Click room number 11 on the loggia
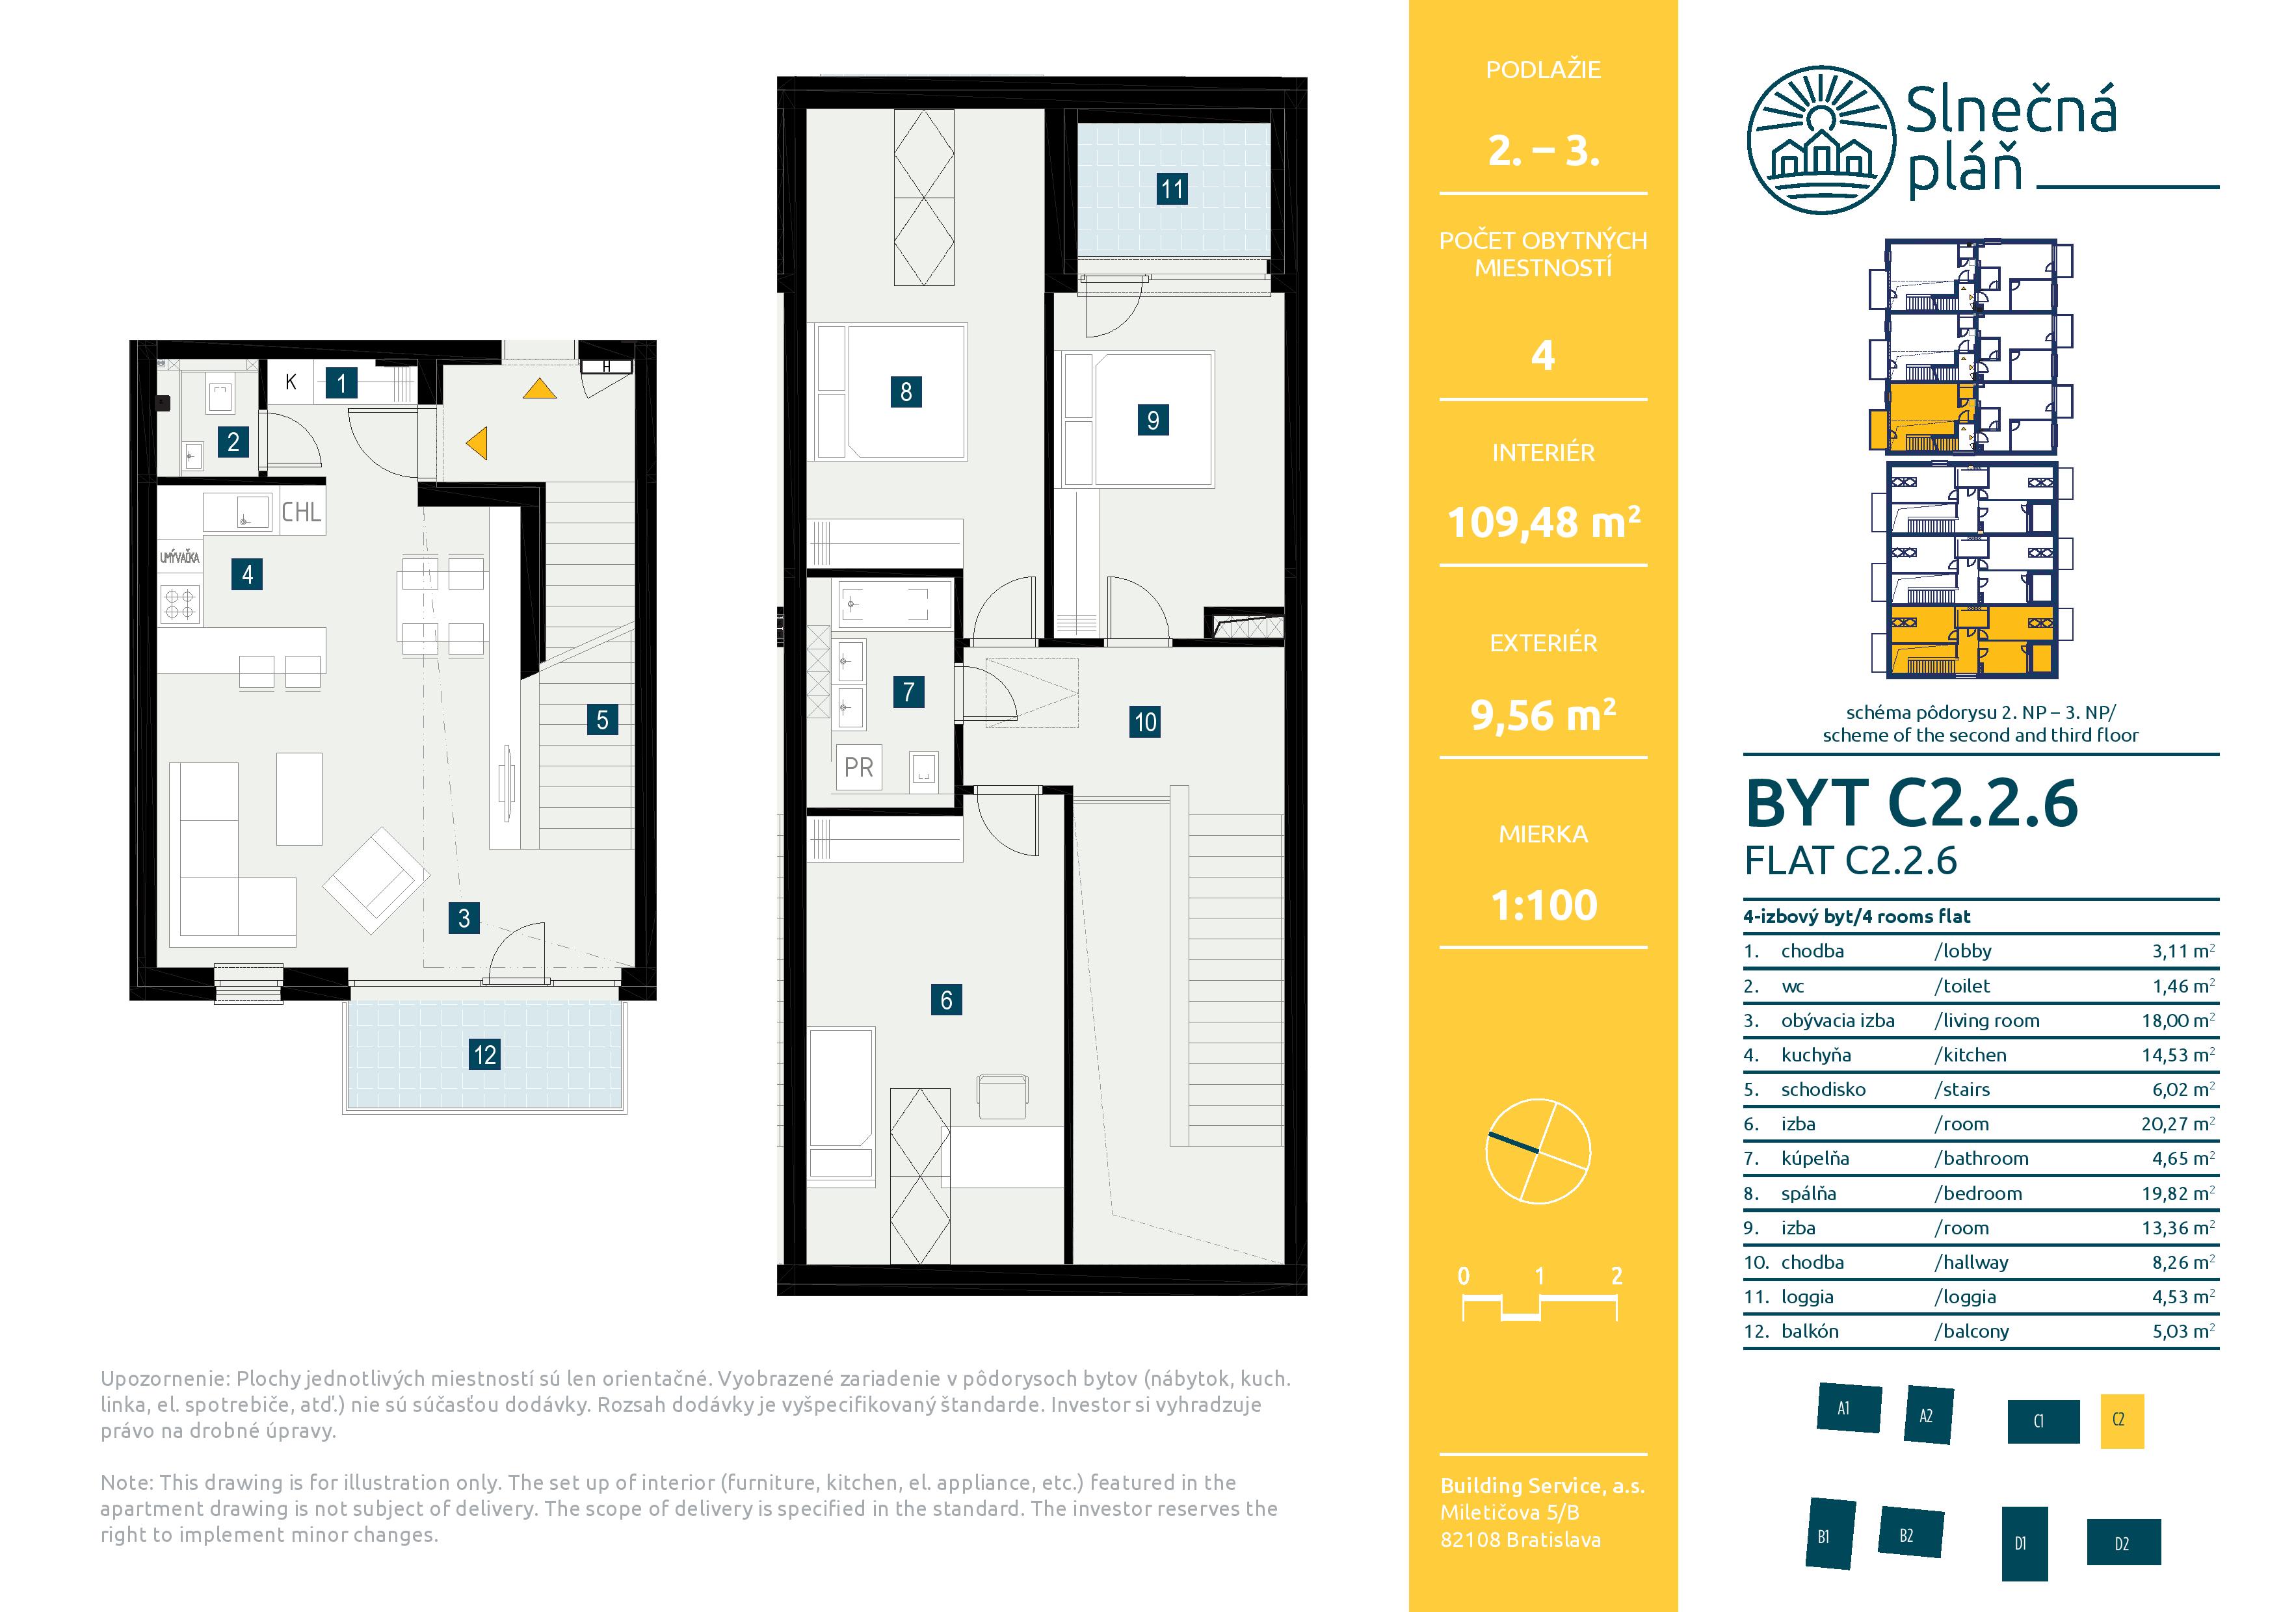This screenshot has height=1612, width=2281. coord(1172,188)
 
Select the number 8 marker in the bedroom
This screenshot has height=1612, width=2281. coord(906,391)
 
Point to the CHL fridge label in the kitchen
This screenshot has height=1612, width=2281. coord(301,512)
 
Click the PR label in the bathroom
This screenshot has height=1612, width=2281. coord(858,767)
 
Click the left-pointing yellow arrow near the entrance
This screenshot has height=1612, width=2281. coord(477,442)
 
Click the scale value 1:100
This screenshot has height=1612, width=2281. coord(1544,905)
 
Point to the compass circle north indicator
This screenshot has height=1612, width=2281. coord(1538,1152)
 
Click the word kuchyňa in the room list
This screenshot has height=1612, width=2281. coord(1816,1055)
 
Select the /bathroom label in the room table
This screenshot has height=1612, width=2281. coord(1981,1158)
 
